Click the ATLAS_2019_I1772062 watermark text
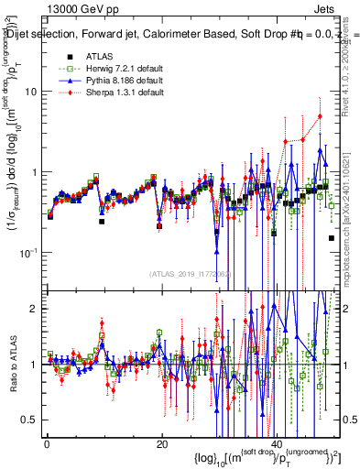191,273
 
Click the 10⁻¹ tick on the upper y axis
30,252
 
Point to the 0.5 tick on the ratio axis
32,420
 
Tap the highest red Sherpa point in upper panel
320,116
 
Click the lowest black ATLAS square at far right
331,238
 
